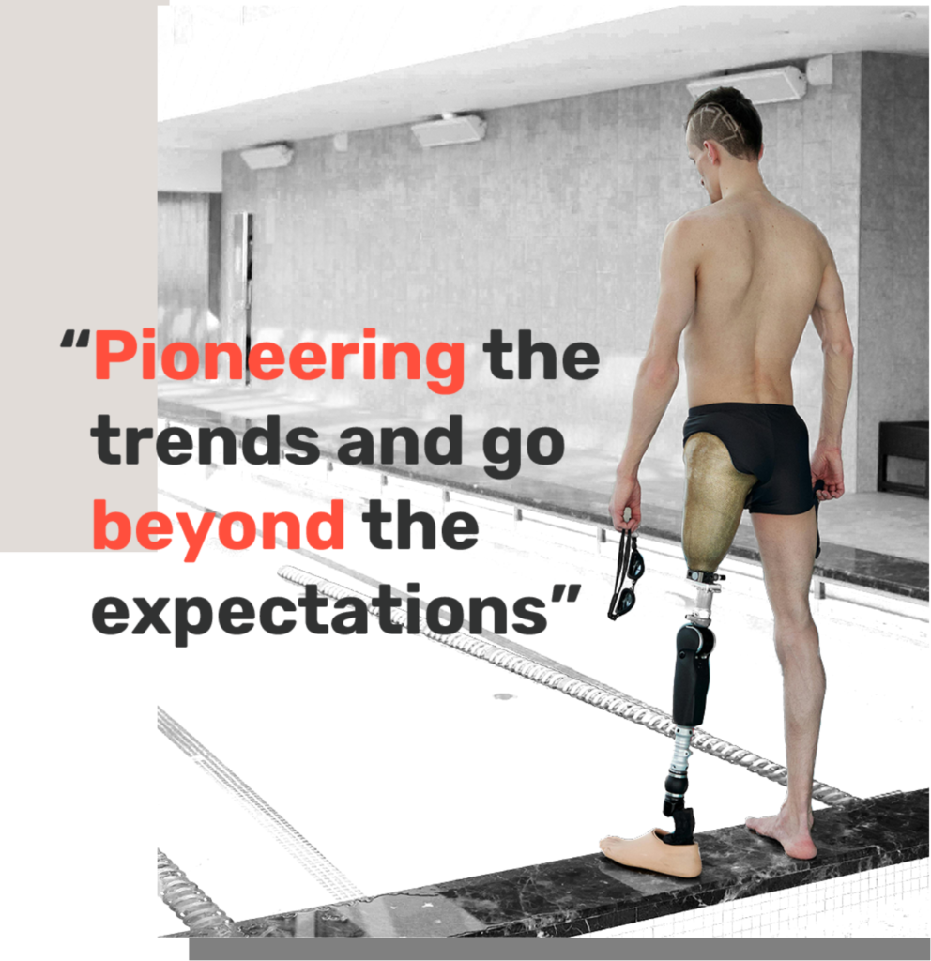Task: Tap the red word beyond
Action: tap(218, 528)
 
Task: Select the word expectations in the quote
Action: tap(319, 614)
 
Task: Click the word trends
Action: tap(206, 439)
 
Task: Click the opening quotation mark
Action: tap(75, 339)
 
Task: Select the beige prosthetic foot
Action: tap(651, 852)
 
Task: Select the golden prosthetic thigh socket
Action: tap(714, 503)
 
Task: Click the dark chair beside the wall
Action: tap(904, 457)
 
